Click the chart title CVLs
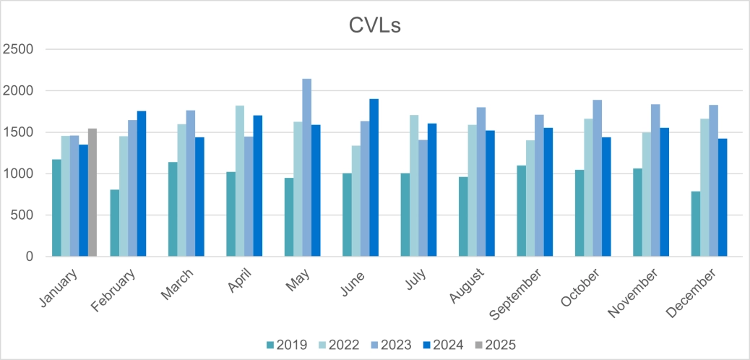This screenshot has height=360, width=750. point(375,25)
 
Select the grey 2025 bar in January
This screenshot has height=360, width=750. point(92,192)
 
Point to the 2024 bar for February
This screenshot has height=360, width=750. point(142,184)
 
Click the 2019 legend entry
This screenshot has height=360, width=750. point(287,344)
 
